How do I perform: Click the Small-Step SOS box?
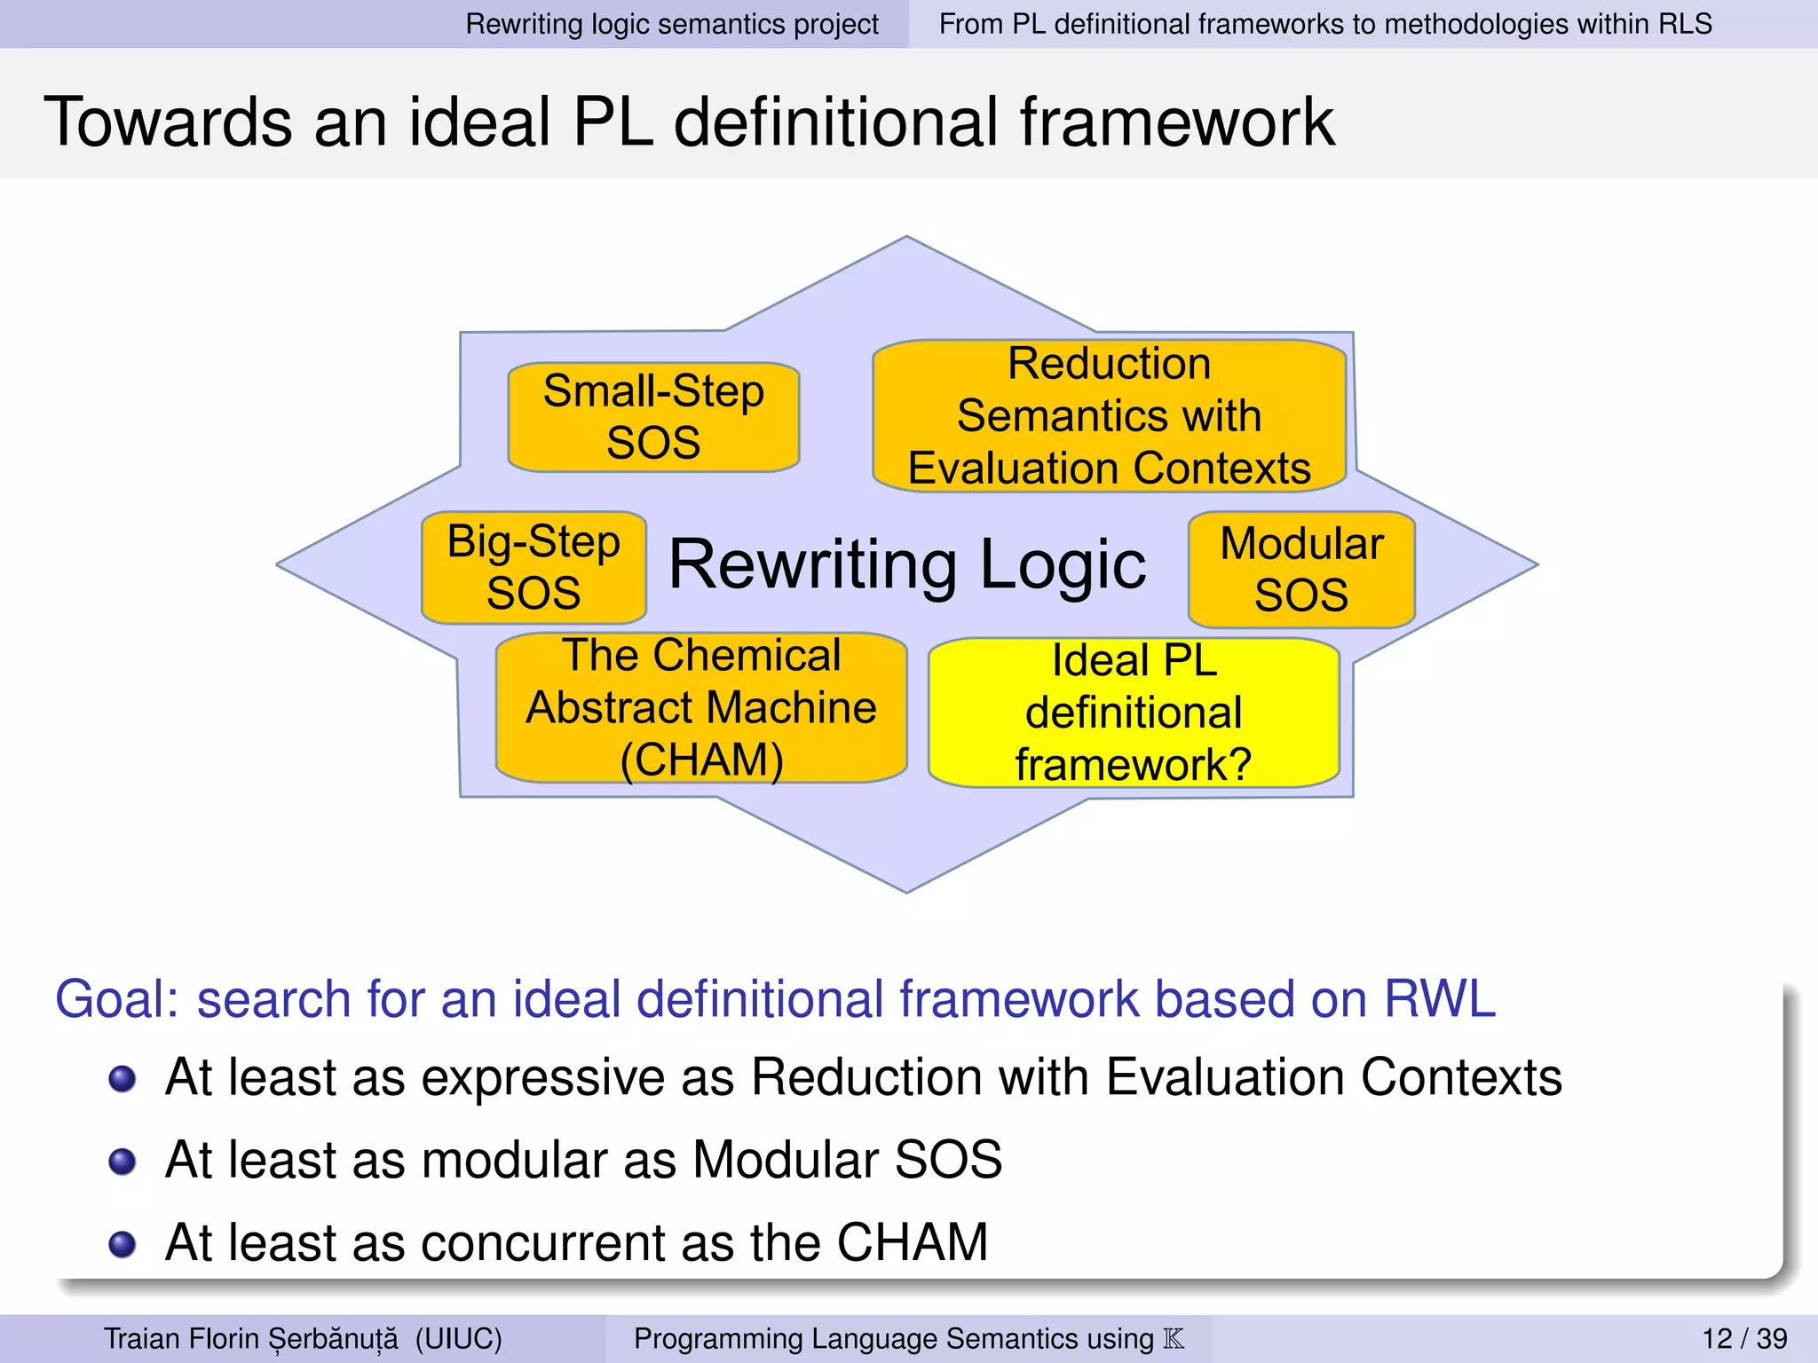tap(653, 417)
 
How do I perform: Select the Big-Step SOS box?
tap(534, 568)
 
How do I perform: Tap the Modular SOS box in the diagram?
tap(1301, 570)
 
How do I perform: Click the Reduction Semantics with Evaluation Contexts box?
tap(1110, 415)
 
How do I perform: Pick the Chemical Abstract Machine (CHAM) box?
tap(701, 708)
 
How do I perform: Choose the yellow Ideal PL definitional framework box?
tap(1134, 713)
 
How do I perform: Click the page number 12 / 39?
tap(1743, 1338)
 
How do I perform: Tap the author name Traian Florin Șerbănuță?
tap(250, 1338)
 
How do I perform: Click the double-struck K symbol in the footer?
tap(1174, 1338)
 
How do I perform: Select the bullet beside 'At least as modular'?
tap(122, 1162)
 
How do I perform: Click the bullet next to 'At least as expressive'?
tap(122, 1079)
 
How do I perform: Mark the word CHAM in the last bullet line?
tap(912, 1242)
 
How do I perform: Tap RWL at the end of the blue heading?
tap(1440, 999)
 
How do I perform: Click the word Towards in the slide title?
tap(168, 122)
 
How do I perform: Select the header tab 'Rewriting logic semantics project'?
tap(672, 24)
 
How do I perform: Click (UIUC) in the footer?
tap(458, 1338)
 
